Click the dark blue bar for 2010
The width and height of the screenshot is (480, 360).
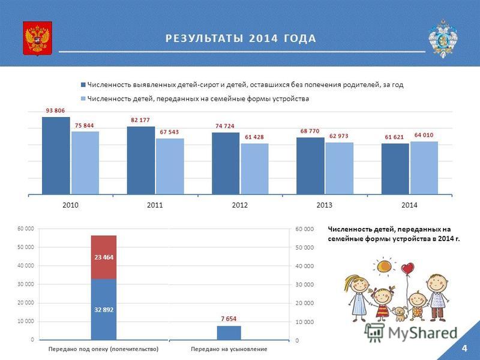pos(56,155)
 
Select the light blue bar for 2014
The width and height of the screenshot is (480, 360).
pos(424,168)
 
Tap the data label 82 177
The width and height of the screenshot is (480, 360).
pos(140,120)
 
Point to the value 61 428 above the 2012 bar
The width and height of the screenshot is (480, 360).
pos(254,137)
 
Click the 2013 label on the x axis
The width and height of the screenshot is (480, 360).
pos(324,205)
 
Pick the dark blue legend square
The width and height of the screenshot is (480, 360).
pos(83,85)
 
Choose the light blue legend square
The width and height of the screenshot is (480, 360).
pos(83,99)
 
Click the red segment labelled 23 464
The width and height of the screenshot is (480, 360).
pos(104,257)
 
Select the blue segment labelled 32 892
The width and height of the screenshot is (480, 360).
pos(104,309)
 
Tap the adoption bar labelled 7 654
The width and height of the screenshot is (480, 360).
pos(229,333)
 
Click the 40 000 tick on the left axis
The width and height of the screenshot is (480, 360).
pos(26,266)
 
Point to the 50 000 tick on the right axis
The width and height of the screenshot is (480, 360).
pos(305,247)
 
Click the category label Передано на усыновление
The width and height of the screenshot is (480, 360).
pos(229,349)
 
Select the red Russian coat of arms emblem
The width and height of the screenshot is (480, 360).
pos(37,38)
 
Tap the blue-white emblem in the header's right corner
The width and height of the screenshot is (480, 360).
pos(443,38)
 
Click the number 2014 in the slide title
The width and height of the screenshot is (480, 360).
pos(263,38)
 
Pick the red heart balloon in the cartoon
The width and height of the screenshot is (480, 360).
pos(407,269)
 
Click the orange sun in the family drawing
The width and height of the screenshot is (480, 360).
pos(384,266)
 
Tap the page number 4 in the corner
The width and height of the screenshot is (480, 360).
pos(464,349)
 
